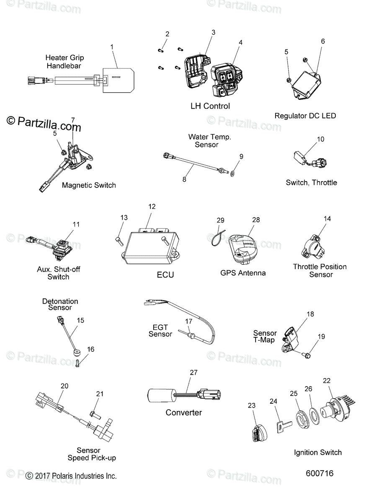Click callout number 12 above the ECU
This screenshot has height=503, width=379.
tap(152, 207)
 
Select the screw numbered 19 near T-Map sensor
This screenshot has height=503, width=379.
tap(307, 355)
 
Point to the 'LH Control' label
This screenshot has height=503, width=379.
tap(210, 106)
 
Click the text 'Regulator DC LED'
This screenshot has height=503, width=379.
tap(305, 116)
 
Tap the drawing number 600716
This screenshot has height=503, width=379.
tap(320, 473)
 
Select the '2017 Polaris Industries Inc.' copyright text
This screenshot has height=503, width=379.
tap(71, 476)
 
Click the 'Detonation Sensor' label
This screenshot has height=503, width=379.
tap(60, 304)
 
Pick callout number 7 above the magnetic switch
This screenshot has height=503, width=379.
tap(73, 120)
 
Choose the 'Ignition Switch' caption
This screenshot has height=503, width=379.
tap(317, 452)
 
